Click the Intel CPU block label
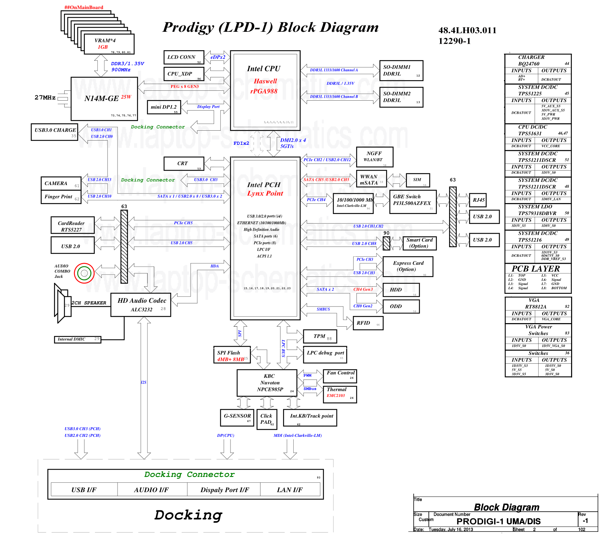tap(264, 69)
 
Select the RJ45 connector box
tap(478, 200)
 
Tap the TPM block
tap(320, 336)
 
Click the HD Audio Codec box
tap(141, 304)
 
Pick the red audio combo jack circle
tap(84, 273)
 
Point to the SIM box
tap(418, 180)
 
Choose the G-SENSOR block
tap(237, 417)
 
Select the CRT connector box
tap(184, 164)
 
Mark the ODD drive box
tap(401, 306)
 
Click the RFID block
tap(368, 323)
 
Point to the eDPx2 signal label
tap(218, 57)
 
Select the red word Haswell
tap(265, 81)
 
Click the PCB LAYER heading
tap(536, 269)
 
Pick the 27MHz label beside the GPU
tap(45, 97)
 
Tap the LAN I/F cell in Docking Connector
tap(290, 489)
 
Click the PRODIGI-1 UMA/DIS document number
tap(498, 521)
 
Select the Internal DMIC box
tap(77, 339)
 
